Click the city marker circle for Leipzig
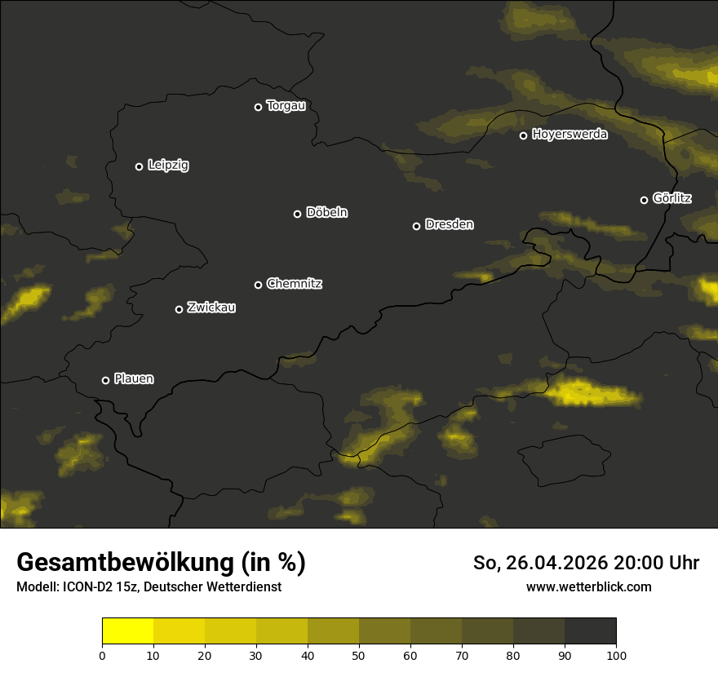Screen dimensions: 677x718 [139, 166]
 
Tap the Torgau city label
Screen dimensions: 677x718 [286, 106]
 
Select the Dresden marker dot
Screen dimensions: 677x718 [416, 226]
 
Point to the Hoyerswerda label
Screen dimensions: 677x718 [570, 135]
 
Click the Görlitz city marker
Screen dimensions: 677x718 [644, 200]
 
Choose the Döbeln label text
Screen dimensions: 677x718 [326, 213]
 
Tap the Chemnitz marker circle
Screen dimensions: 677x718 [258, 285]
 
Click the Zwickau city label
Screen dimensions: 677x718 [211, 308]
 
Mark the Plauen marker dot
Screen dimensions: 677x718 [105, 380]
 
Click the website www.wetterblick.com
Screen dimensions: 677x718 [588, 586]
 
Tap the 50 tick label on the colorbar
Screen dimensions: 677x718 [359, 655]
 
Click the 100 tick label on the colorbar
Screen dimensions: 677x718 [616, 655]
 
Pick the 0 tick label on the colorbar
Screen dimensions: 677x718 [102, 655]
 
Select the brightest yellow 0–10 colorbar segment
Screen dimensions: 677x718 [127, 631]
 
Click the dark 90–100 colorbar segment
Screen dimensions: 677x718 [590, 631]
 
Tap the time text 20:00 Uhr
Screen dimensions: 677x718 [656, 563]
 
